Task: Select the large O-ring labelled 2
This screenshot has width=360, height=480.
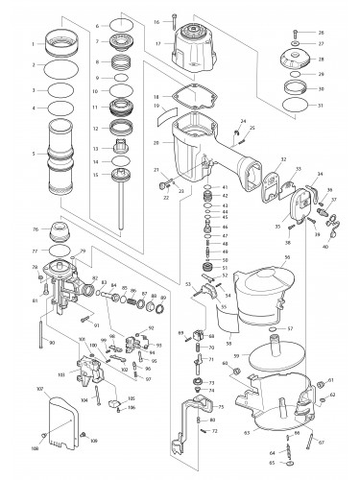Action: (63, 67)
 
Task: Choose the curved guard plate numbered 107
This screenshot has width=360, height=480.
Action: (61, 420)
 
